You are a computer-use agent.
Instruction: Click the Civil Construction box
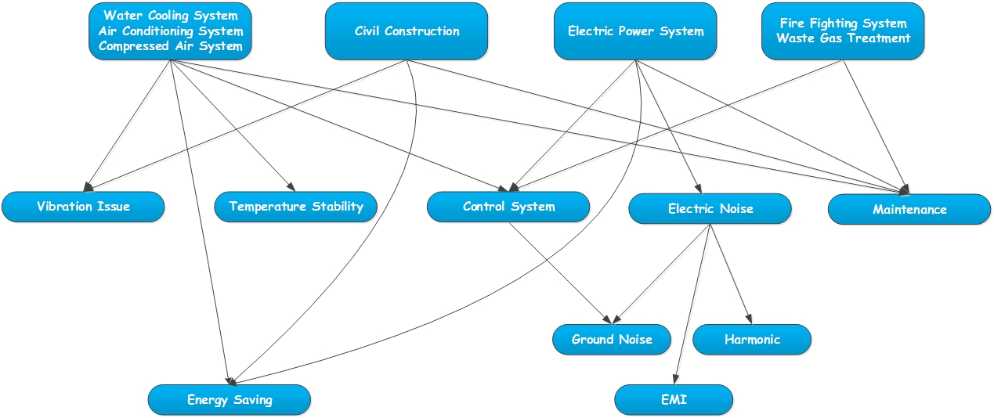(x=407, y=31)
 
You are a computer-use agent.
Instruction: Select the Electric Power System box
(x=635, y=31)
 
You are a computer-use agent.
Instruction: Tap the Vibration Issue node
(x=83, y=207)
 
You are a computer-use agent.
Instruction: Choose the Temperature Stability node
(x=296, y=207)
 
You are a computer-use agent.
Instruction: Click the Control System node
(x=508, y=207)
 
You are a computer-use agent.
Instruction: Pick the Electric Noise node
(x=710, y=209)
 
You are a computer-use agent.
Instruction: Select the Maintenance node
(x=909, y=210)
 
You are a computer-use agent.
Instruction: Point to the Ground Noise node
(x=612, y=340)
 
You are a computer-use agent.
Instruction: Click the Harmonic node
(x=752, y=340)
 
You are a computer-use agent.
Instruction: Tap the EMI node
(x=674, y=400)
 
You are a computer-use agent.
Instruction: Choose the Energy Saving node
(x=230, y=400)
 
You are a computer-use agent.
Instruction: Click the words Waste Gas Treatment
(x=843, y=38)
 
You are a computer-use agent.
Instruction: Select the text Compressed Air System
(x=171, y=46)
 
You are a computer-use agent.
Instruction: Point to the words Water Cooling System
(x=171, y=16)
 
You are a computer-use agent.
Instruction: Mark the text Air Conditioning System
(x=171, y=31)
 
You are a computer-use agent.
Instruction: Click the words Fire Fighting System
(x=843, y=23)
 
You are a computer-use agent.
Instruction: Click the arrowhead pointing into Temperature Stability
(x=292, y=187)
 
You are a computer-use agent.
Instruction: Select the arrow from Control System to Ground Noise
(x=559, y=272)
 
